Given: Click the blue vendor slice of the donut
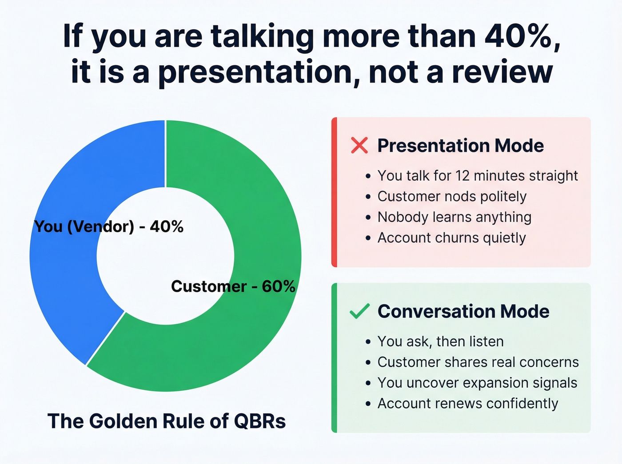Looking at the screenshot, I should coord(67,275).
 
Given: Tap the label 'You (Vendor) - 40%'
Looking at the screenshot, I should coord(109,226).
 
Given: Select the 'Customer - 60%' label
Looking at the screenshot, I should coord(233,286).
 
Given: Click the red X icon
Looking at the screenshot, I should coord(359,146).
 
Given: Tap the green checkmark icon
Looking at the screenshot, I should coord(359,311).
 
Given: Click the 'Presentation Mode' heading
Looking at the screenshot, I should coord(460,146).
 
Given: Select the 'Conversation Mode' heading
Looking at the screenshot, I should coord(463,311).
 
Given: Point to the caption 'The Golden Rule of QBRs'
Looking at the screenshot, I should coord(167,421).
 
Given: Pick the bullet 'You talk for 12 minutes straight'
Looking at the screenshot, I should coord(478,176).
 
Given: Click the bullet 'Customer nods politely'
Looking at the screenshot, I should coord(452,196).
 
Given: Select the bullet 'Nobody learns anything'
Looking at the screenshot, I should coord(454,217).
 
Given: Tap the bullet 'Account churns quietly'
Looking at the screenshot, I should coord(451,238).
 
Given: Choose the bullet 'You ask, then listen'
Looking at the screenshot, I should coord(440,341).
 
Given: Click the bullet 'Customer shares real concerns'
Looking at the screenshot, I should coord(478,362).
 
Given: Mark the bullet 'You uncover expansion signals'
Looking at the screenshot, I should coord(477,383).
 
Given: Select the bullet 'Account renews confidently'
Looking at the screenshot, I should coord(467,404).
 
